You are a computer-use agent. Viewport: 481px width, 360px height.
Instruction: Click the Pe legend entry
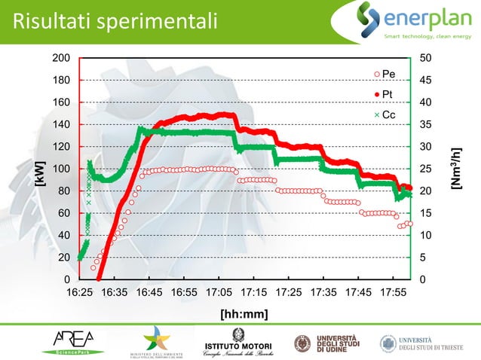tap(386, 74)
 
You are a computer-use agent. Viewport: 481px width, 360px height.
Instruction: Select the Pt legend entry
tap(386, 94)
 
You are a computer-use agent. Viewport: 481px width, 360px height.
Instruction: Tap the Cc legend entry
tap(386, 114)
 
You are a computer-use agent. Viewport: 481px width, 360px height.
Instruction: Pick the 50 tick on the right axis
tap(426, 58)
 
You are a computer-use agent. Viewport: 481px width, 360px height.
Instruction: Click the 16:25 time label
tap(80, 291)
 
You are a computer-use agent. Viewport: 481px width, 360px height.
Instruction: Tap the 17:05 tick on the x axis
tap(219, 291)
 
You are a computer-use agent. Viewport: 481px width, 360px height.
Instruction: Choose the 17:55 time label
tap(392, 291)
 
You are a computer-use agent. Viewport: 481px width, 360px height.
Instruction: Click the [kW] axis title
tap(39, 174)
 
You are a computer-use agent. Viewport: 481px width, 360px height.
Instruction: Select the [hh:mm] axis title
tap(244, 313)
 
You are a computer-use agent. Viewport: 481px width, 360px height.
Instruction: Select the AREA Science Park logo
tap(79, 343)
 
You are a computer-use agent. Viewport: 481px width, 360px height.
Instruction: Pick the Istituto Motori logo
tap(234, 343)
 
